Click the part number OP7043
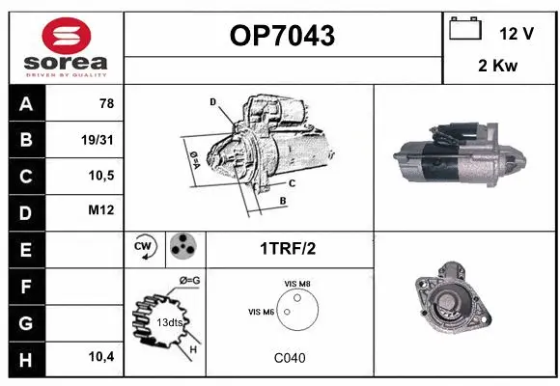pyautogui.click(x=282, y=36)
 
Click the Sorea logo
pyautogui.click(x=65, y=47)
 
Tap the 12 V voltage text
pyautogui.click(x=517, y=33)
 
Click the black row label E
pyautogui.click(x=25, y=248)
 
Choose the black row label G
pyautogui.click(x=25, y=321)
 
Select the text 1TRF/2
pyautogui.click(x=288, y=248)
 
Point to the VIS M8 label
pyautogui.click(x=296, y=284)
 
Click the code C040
pyautogui.click(x=289, y=358)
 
